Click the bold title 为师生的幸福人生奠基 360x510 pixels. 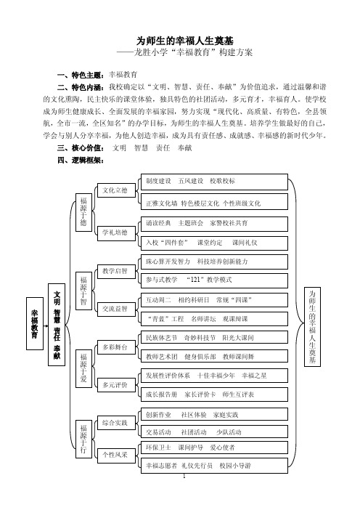tap(184, 41)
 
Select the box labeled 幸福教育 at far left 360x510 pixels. tap(35, 323)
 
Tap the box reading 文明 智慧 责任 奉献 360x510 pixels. tap(57, 325)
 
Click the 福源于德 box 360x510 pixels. tap(83, 212)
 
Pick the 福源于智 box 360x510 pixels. tap(83, 291)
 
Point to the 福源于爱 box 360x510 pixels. tap(83, 368)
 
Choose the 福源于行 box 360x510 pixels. tap(83, 439)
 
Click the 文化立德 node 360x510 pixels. tap(116, 190)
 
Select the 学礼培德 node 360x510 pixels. tap(116, 233)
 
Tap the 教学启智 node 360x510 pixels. tap(116, 271)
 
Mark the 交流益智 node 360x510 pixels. tap(116, 309)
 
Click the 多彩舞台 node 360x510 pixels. tap(116, 347)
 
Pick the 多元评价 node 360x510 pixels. tap(116, 385)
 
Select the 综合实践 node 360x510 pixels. tap(116, 423)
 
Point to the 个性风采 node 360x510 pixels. tap(116, 454)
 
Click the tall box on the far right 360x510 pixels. tap(312, 326)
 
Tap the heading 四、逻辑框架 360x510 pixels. tap(81, 160)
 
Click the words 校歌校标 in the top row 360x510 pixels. tap(223, 181)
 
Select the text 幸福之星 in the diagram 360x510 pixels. tap(254, 376)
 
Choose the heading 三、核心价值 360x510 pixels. tap(81, 148)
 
